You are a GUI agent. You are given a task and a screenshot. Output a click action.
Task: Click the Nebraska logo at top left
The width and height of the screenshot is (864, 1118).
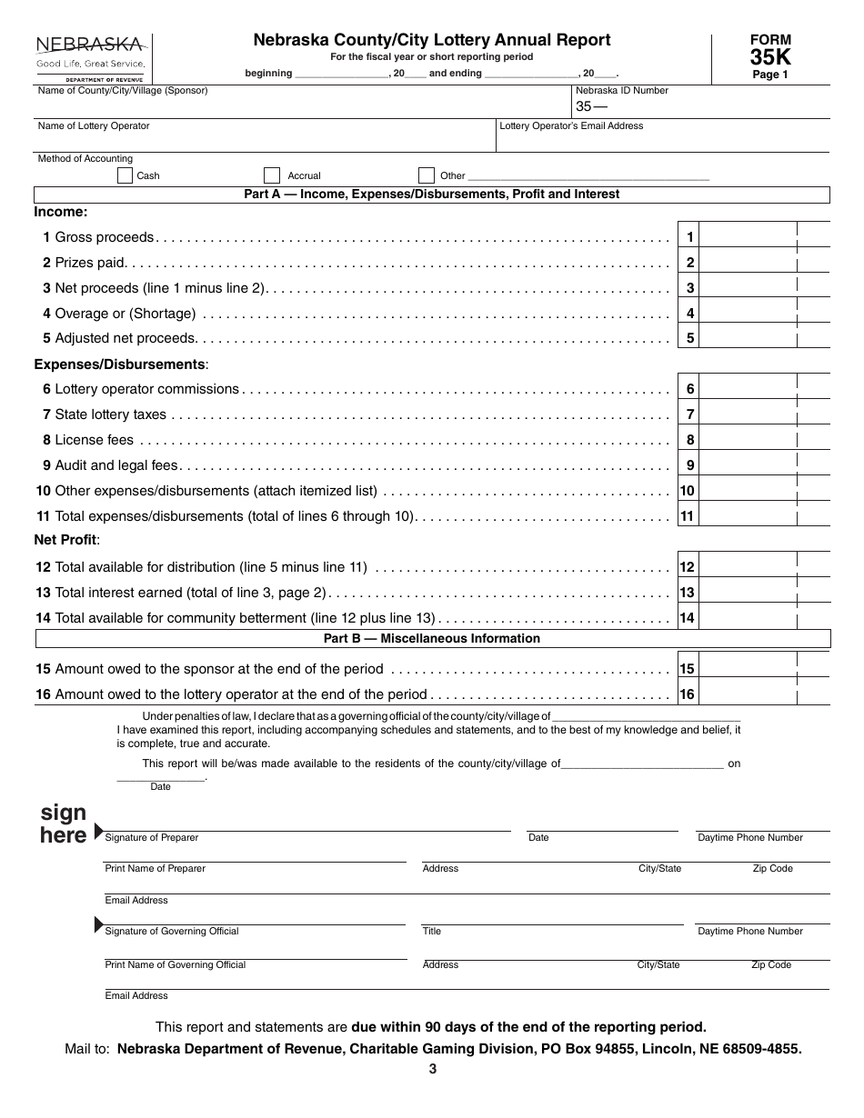click(x=89, y=56)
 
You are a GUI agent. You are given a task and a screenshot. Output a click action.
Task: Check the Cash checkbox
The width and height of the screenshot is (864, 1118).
click(x=126, y=175)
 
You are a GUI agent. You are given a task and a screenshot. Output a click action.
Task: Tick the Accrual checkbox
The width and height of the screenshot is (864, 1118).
click(x=272, y=175)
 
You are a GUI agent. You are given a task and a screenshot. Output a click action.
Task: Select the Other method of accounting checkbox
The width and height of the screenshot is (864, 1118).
click(x=427, y=175)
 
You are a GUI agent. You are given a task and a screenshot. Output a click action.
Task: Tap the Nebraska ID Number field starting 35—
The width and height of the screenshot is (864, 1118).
click(x=700, y=106)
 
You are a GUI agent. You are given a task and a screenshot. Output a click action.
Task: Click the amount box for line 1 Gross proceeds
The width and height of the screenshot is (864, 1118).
click(x=748, y=237)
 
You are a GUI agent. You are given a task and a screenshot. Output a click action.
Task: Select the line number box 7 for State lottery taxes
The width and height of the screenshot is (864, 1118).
click(x=689, y=414)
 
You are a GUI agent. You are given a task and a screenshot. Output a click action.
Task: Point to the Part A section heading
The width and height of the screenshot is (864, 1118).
click(x=432, y=195)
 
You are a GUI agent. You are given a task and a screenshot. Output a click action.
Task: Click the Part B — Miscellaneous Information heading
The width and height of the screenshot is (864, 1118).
click(x=432, y=639)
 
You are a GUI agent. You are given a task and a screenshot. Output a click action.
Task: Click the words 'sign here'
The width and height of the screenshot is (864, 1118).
click(x=64, y=824)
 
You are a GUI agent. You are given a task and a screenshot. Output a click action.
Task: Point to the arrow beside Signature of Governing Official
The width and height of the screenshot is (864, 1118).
click(x=99, y=925)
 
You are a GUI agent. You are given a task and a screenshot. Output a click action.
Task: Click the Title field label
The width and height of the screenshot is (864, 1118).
click(x=431, y=932)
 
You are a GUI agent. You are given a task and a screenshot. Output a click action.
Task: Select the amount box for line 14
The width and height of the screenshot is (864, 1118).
click(x=748, y=618)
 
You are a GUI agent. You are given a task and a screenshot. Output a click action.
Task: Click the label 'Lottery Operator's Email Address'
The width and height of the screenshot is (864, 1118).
click(x=571, y=126)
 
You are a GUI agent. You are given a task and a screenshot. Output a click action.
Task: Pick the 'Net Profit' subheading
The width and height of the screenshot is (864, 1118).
click(x=66, y=540)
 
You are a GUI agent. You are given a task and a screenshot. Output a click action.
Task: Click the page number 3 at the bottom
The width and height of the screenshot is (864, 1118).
click(x=433, y=1070)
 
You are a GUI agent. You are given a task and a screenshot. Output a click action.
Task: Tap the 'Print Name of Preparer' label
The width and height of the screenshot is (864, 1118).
click(x=155, y=869)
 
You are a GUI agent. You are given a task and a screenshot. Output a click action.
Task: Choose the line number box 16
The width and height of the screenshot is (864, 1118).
click(x=688, y=694)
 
